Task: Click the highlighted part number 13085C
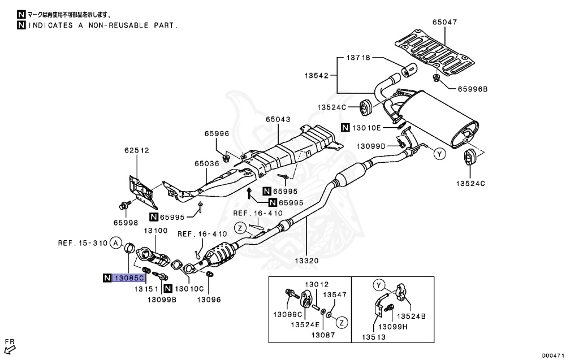(129, 277)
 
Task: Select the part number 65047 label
(444, 22)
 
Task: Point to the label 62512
(136, 150)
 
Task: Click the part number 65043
(278, 120)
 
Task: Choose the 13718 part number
(358, 58)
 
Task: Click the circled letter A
(115, 243)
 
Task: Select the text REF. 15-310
(82, 243)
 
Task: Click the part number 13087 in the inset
(323, 335)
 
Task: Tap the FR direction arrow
(9, 344)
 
